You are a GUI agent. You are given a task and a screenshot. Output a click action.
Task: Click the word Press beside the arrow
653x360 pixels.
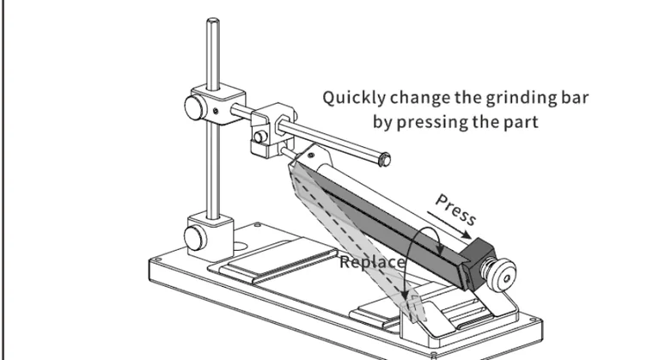455,210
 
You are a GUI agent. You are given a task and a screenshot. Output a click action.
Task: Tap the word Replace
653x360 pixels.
372,263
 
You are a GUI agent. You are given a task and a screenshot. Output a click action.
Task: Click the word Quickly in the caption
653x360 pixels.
354,98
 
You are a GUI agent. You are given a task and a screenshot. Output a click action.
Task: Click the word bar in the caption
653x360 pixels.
575,97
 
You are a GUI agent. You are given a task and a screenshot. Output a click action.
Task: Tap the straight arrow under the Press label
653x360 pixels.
449,225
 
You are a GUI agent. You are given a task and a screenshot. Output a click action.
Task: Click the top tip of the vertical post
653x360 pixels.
213,20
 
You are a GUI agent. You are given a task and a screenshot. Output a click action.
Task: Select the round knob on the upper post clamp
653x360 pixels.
194,107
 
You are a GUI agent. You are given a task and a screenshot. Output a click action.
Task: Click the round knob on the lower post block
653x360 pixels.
195,238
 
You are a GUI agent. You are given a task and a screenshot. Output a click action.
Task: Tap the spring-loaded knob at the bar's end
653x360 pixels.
501,273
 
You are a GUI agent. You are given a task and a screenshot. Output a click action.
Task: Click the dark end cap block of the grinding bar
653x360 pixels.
477,263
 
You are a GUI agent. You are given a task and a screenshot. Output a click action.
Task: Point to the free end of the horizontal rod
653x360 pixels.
384,159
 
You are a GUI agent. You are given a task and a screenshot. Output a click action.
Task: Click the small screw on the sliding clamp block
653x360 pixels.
260,137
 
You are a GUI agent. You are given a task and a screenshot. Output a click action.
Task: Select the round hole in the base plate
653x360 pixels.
239,247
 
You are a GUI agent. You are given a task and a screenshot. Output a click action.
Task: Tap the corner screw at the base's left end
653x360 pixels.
156,260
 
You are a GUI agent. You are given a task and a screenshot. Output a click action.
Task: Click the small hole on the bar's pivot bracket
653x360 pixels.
311,156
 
